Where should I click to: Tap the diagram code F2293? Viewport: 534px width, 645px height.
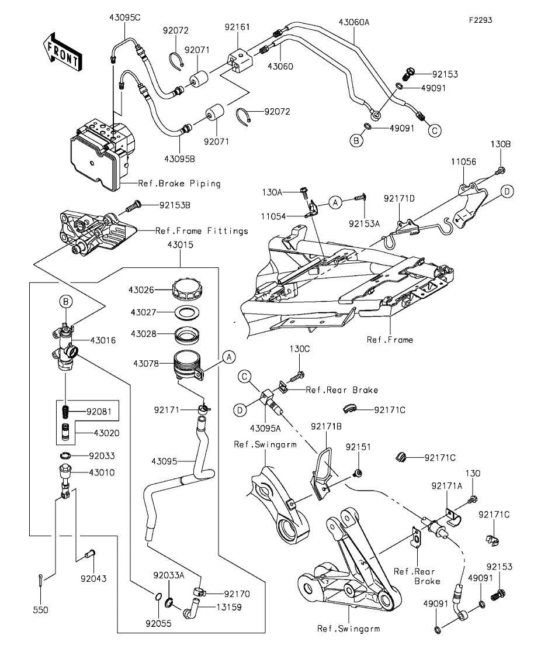[480, 19]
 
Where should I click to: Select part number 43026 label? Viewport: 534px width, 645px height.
[141, 289]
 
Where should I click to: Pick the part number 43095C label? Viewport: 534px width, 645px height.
[124, 18]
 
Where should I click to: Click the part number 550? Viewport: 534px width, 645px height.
[40, 609]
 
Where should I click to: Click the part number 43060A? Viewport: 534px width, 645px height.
[354, 22]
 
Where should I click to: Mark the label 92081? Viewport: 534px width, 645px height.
[98, 411]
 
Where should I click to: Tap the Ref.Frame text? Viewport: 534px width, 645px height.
[390, 339]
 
